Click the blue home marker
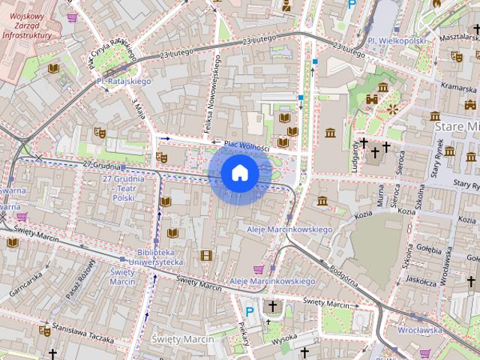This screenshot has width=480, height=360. tap(240, 173)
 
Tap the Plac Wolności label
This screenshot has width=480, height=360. tap(241, 145)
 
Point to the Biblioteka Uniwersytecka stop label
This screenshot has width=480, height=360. tap(160, 257)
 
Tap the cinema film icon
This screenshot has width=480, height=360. tap(206, 256)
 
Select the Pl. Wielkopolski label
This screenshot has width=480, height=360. tap(396, 40)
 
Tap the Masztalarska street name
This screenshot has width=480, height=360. tap(458, 36)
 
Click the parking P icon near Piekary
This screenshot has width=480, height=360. tap(250, 310)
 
